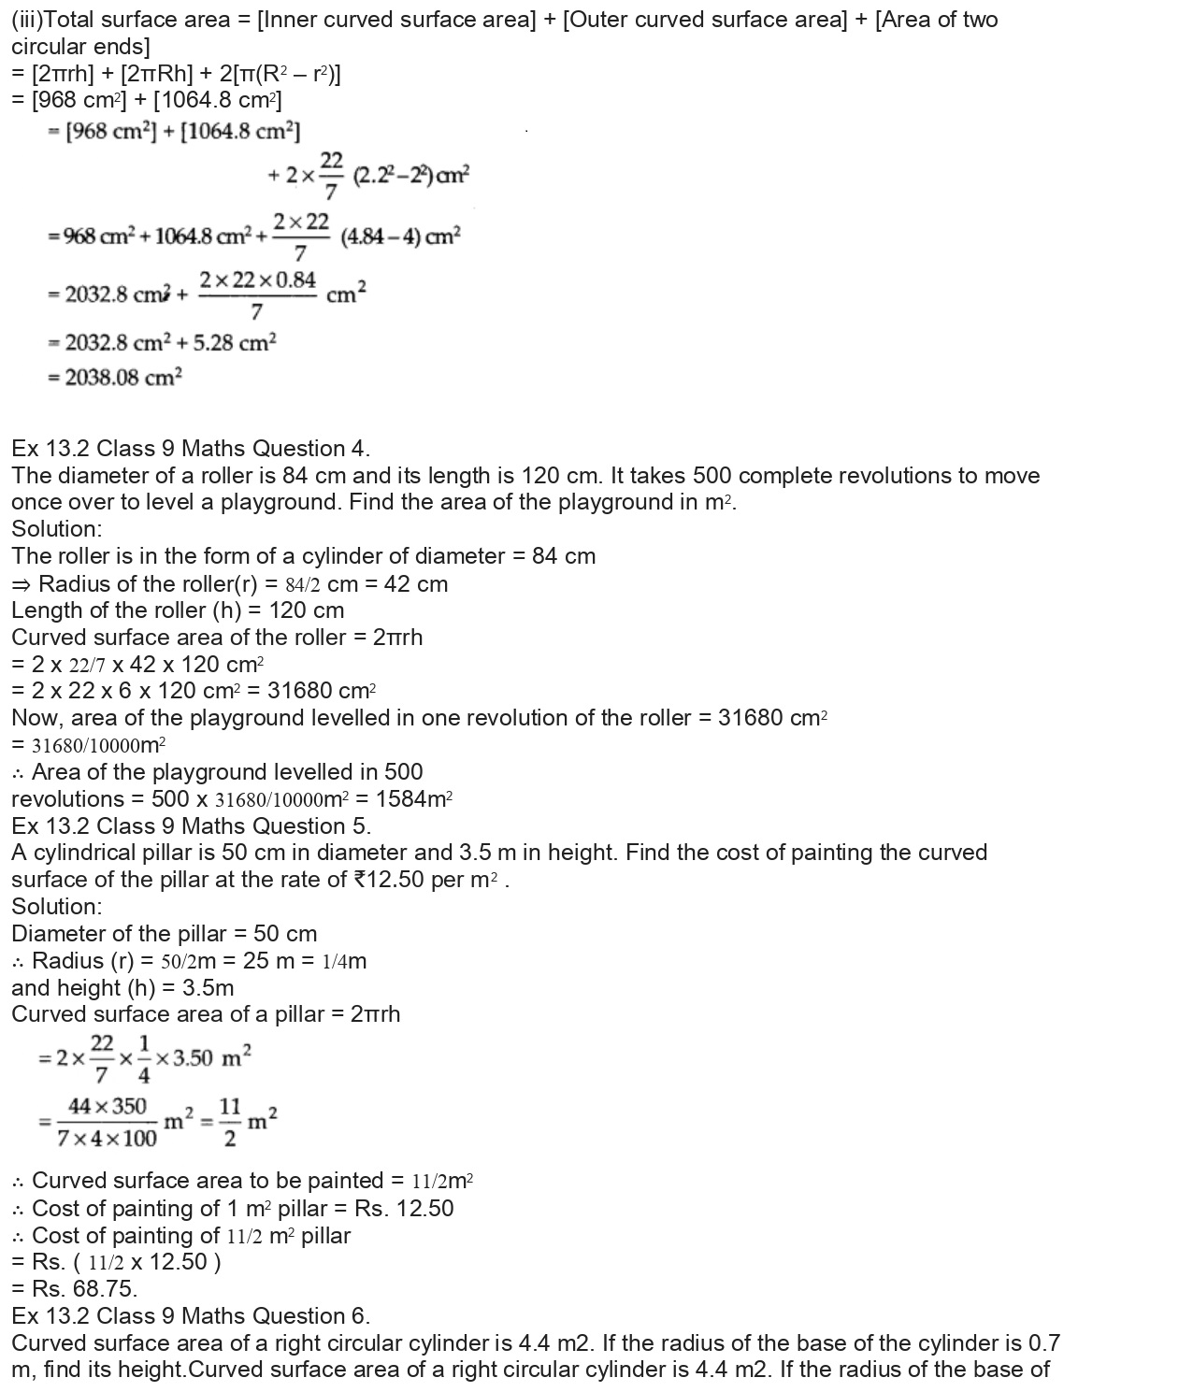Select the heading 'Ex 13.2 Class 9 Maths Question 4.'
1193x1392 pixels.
pos(191,449)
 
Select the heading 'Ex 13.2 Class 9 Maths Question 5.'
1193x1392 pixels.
pos(191,826)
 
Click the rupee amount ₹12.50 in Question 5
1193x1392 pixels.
pos(390,881)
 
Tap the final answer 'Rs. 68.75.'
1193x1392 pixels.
pos(74,1289)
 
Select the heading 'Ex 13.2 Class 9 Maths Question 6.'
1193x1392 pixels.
pos(191,1316)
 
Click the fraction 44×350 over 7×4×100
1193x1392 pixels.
pos(107,1122)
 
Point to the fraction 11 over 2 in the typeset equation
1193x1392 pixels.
pos(230,1122)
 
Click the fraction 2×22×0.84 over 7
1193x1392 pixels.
pos(257,294)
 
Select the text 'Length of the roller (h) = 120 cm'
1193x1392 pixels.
pos(178,610)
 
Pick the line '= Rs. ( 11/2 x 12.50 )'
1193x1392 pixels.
pos(116,1262)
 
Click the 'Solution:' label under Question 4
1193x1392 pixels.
pos(57,529)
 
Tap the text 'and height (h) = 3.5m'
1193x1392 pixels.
pos(122,988)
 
